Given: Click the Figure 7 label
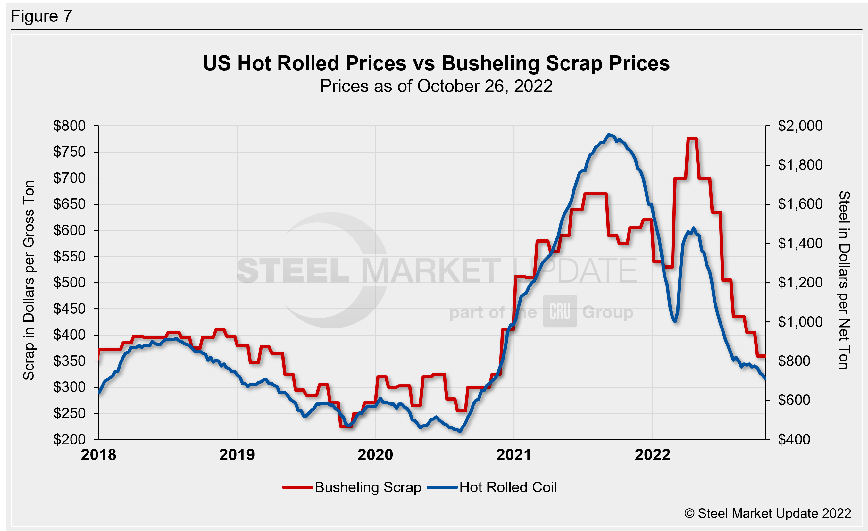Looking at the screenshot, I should pos(41,16).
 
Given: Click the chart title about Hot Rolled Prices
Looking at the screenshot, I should pos(436,63).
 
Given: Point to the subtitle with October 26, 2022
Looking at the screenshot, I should pos(436,86).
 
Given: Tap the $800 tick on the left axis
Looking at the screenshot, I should pos(70,126).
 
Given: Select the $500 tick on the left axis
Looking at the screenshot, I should pos(70,282).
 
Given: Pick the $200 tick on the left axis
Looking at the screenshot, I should pos(70,439).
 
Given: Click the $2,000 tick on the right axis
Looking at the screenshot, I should pos(800,126).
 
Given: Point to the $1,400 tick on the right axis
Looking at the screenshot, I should pos(800,243).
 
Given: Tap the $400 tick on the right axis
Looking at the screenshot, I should pos(794,439).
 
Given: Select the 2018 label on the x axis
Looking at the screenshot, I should pos(98,455).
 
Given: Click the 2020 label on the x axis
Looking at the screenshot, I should pos(375,455).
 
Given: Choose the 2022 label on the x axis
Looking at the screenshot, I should pos(652,455).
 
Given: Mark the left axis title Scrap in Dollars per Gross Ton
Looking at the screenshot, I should pos(29,280).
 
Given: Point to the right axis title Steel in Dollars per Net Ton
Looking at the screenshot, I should pos(844,280).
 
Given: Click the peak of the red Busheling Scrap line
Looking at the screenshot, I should pos(692,139).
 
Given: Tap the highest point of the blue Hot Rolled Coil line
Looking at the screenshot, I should pos(609,135).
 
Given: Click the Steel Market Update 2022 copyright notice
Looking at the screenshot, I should pos(768,513).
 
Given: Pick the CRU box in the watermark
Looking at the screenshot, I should pos(560,311).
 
